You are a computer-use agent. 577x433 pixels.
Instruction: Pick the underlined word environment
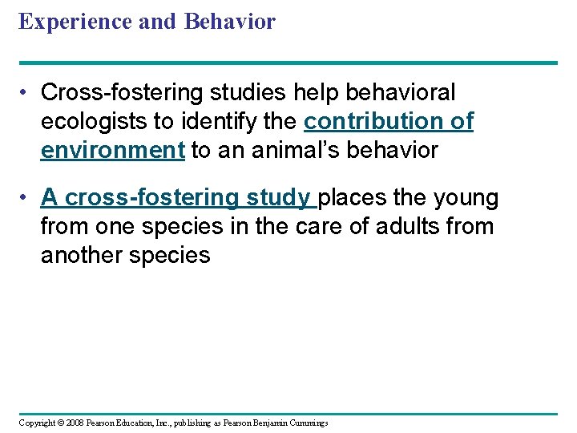tap(113, 151)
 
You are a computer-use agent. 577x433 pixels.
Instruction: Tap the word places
tap(353, 197)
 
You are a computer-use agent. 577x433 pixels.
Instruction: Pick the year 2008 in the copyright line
tap(75, 423)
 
